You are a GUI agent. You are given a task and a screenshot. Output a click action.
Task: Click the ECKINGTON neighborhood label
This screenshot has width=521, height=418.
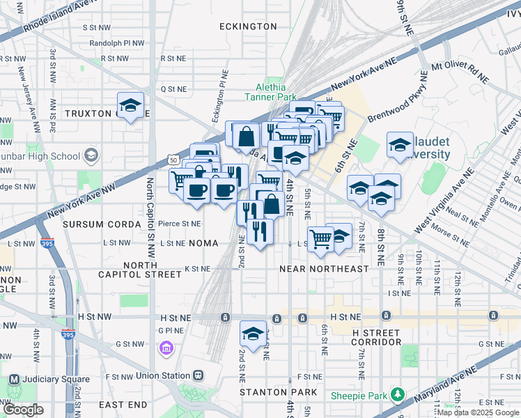coord(248,26)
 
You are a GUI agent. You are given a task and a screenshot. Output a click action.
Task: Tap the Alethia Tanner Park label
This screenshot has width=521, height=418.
coord(270,92)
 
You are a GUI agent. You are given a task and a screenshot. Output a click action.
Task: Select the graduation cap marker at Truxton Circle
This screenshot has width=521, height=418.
coord(130,105)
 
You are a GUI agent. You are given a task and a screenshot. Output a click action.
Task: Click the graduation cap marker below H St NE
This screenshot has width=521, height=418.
coord(253,334)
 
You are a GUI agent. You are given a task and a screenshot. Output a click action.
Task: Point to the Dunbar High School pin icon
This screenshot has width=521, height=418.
coord(90,155)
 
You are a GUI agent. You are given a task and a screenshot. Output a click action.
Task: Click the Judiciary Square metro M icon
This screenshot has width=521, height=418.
coord(13,380)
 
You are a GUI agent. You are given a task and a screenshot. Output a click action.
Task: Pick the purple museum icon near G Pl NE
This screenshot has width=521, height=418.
coord(165,348)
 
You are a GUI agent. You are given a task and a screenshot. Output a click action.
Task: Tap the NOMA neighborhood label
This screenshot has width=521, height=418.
coord(203,243)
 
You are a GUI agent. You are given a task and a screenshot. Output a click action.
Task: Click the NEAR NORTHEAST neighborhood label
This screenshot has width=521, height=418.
coord(323,269)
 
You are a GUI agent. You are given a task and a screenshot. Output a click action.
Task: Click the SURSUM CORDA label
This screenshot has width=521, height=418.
coord(103,224)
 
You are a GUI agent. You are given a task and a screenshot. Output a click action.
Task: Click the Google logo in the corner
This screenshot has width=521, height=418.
coord(23,410)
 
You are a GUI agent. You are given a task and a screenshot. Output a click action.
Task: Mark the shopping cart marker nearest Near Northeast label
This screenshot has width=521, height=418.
coord(320,240)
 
